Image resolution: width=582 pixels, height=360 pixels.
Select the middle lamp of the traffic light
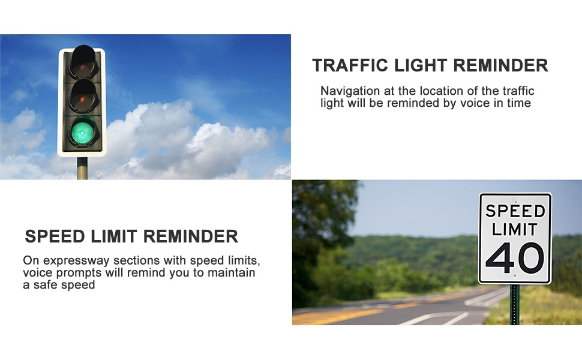(x=82, y=96)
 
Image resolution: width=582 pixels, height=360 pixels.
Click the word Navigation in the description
(x=350, y=91)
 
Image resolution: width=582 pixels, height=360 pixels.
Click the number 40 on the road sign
(x=515, y=257)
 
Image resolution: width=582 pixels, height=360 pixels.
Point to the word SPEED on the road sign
(x=515, y=211)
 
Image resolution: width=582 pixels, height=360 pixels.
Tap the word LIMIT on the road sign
(x=515, y=229)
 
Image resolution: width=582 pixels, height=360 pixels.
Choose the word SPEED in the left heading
(x=55, y=236)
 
